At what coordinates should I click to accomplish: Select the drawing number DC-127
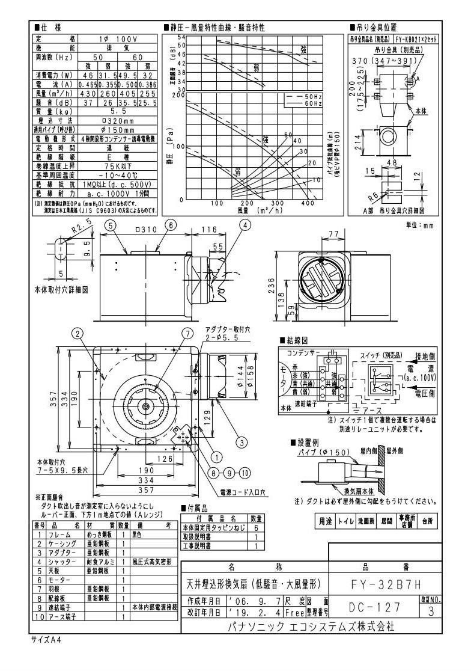(371, 607)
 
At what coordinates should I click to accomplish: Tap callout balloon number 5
(112, 225)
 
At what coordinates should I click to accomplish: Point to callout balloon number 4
(245, 225)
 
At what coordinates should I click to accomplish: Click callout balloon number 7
(187, 333)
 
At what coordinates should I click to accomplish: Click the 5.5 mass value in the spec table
(118, 111)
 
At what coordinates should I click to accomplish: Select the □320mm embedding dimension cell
(118, 120)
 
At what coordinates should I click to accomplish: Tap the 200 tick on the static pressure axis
(182, 95)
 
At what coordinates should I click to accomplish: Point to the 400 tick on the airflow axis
(308, 203)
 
